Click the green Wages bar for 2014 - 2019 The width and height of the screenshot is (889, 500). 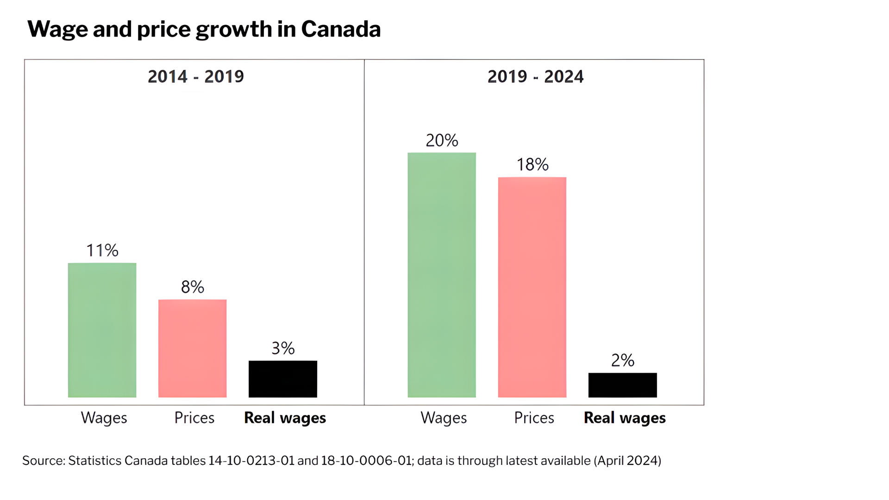[102, 330]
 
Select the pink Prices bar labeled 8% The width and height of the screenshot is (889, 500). [192, 348]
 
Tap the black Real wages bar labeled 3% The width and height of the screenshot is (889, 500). [282, 379]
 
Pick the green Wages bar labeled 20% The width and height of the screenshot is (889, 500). [441, 275]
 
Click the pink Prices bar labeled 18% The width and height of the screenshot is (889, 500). [532, 287]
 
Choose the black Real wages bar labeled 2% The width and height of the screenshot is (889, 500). [622, 385]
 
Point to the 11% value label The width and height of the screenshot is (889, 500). [102, 250]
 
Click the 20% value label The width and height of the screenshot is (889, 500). [442, 140]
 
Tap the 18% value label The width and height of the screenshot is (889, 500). [532, 164]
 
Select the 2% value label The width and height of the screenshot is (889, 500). [622, 360]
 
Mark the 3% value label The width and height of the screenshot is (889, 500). [283, 348]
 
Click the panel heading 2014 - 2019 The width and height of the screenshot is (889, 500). [195, 76]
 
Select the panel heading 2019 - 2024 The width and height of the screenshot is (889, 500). [535, 76]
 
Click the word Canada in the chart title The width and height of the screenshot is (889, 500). [341, 29]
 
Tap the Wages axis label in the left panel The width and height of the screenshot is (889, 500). [104, 418]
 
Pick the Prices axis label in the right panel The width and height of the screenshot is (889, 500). [534, 418]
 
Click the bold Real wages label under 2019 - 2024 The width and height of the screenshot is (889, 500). [625, 418]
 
